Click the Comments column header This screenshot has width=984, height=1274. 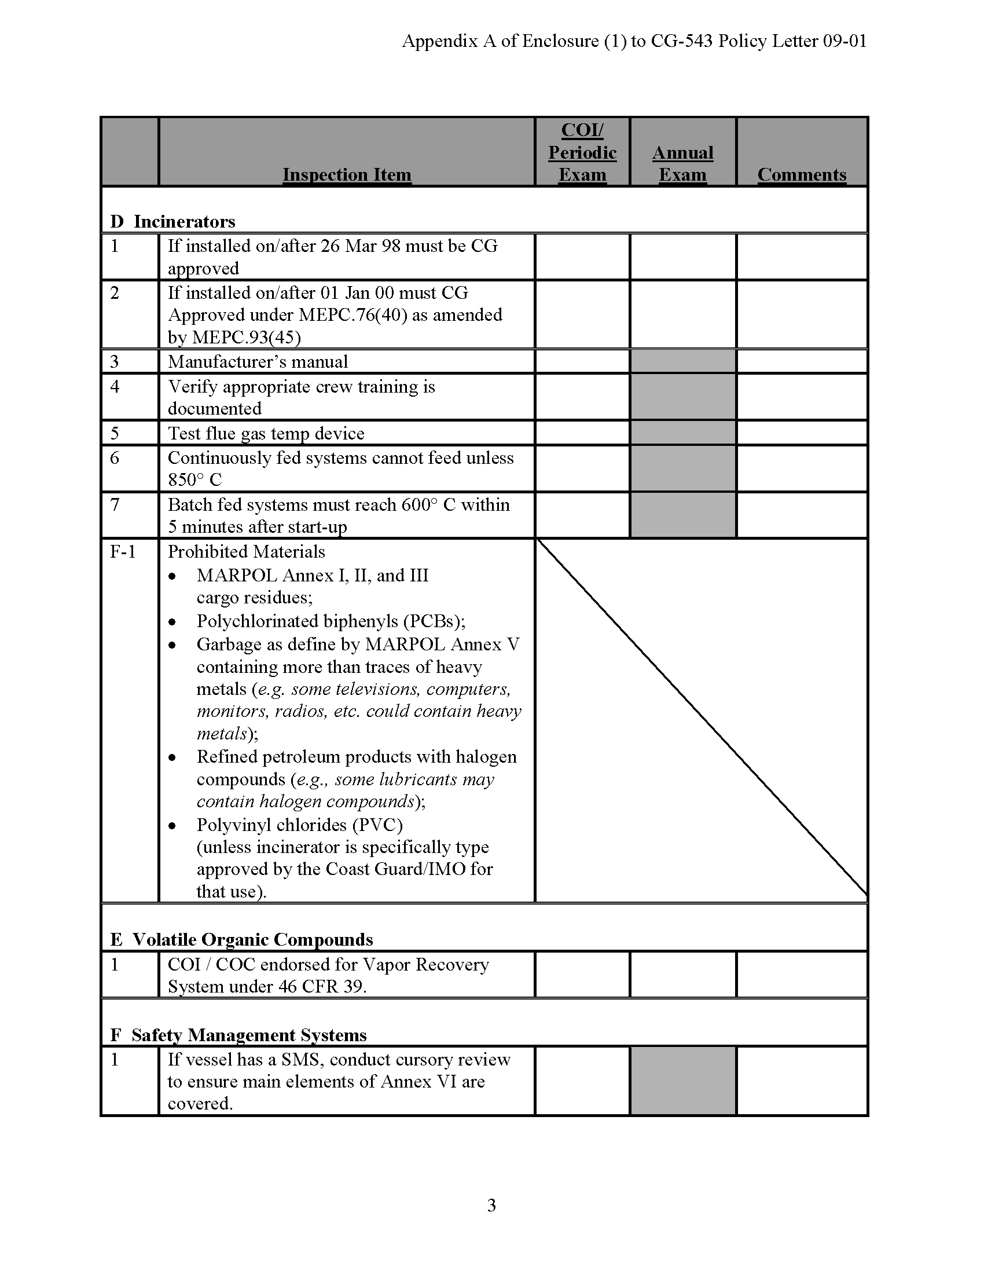pos(802,174)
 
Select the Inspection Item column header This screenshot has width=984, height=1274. pos(347,174)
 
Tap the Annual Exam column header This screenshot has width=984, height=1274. pos(682,163)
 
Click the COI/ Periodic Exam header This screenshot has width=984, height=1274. pos(582,152)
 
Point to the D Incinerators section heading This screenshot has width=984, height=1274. pos(172,222)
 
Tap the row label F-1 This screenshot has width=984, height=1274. pos(123,552)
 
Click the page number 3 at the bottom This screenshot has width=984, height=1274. pos(491,1205)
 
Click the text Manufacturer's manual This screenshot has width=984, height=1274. pos(258,362)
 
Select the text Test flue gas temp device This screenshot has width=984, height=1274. pos(266,433)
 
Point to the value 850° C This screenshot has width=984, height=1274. pos(194,480)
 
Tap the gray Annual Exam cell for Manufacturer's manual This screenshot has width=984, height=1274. pos(682,362)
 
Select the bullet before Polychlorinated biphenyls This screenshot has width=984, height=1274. pos(172,623)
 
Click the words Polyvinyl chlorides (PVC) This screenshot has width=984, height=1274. pos(300,825)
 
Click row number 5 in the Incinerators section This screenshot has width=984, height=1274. pos(115,433)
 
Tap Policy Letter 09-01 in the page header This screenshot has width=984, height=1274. pos(792,41)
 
